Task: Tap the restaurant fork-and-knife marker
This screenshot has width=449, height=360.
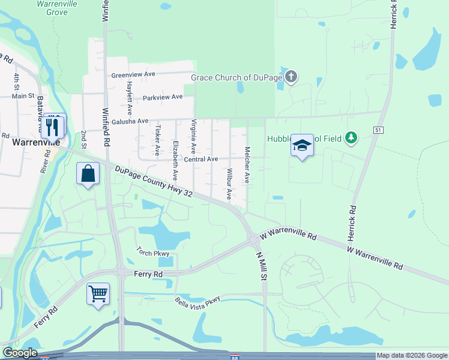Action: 55,126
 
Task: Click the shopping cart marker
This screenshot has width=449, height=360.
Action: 98,294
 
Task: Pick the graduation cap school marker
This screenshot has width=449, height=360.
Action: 302,145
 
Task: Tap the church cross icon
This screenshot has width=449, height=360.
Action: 291,77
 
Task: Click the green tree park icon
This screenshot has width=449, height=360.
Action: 351,139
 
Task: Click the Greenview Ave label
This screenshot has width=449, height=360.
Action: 133,75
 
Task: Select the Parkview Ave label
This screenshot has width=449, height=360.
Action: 162,97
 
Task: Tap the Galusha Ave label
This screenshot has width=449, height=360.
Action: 130,121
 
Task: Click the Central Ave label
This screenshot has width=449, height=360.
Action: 200,160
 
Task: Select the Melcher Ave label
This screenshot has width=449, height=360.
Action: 246,165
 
